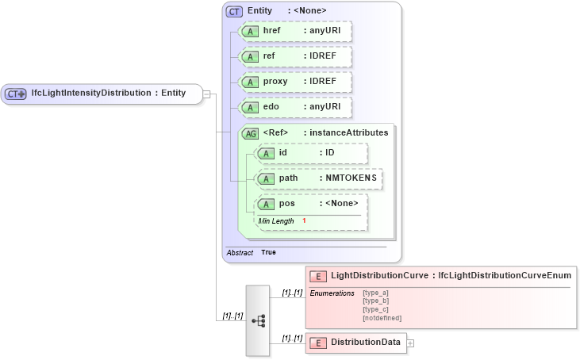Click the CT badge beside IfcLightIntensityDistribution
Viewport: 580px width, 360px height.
(x=16, y=94)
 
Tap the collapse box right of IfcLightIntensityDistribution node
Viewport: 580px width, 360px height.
(x=206, y=94)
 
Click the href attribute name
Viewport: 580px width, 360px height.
(x=271, y=31)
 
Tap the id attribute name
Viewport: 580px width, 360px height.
(x=283, y=153)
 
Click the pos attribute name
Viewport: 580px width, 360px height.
(x=286, y=204)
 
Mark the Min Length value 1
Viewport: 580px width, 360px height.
(x=304, y=220)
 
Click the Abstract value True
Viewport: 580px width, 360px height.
(x=268, y=252)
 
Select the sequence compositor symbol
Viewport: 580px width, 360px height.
(x=259, y=320)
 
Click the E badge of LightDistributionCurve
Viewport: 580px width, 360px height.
(x=317, y=276)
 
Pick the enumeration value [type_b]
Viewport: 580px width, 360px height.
(x=375, y=301)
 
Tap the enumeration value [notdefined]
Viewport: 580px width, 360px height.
(x=382, y=318)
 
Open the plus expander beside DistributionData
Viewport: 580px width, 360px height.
(x=410, y=343)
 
